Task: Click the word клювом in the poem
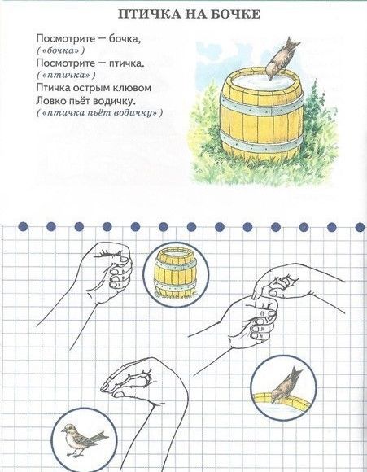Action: [x=133, y=88]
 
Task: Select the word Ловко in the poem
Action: [x=49, y=101]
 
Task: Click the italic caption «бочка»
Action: [x=60, y=50]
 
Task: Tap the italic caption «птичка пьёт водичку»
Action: [x=99, y=113]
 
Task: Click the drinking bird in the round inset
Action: [x=285, y=384]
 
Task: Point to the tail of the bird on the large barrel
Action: [x=293, y=44]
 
